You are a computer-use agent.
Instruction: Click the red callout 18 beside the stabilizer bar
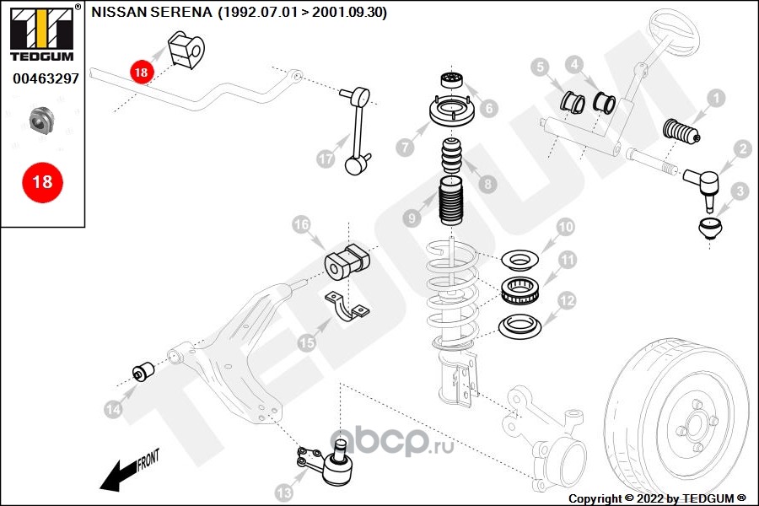pos(141,73)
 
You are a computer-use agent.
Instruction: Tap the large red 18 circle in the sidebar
pos(41,181)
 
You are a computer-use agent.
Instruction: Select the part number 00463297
pos(46,78)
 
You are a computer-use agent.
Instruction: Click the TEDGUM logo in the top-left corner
pos(40,32)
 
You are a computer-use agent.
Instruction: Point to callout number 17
pos(327,158)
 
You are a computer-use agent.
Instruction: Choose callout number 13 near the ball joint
pos(283,492)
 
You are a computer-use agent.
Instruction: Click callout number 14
pos(113,409)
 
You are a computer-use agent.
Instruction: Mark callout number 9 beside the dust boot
pos(412,218)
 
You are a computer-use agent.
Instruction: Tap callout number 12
pos(566,299)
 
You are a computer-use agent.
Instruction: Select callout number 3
pos(740,192)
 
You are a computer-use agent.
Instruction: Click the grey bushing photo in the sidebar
pos(41,120)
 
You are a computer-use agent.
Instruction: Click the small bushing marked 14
pos(143,371)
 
